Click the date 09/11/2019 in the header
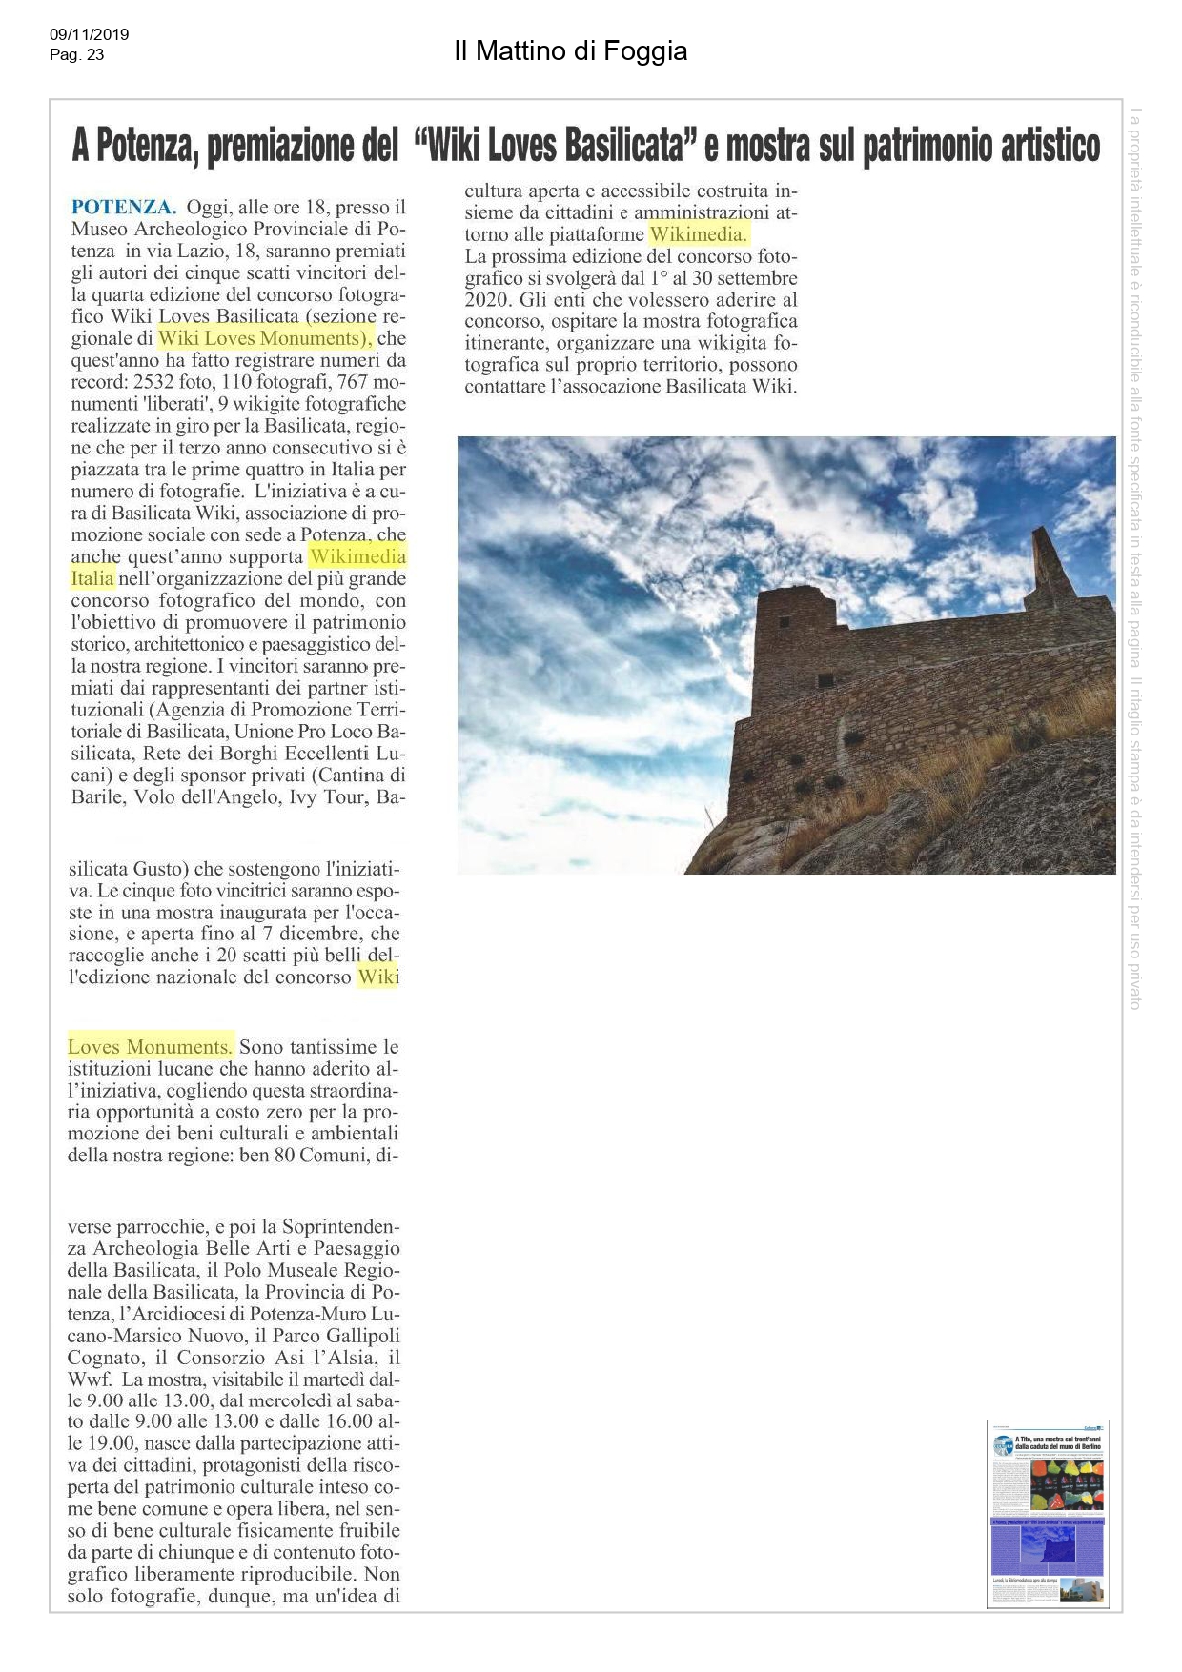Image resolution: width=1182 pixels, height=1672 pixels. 89,35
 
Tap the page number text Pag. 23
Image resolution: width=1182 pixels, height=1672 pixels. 76,55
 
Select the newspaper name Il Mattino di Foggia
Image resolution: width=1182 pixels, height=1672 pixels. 570,50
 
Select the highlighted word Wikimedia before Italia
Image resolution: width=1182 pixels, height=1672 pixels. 357,556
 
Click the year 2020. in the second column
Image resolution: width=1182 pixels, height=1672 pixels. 490,299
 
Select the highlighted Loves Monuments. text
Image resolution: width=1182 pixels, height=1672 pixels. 150,1046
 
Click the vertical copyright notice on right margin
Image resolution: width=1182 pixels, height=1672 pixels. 1134,557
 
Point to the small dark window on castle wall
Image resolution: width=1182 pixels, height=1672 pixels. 825,680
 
